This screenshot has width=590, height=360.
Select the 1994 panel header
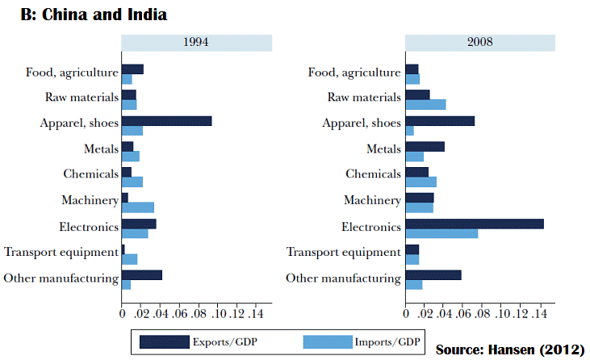196,42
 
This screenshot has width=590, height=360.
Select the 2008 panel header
479,42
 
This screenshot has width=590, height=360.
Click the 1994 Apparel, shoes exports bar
166,121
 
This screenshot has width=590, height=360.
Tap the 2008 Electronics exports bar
475,224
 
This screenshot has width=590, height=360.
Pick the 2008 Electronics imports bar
441,233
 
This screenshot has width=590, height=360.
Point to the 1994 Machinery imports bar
137,207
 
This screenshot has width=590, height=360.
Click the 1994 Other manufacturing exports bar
142,274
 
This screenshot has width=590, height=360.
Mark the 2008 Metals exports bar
425,146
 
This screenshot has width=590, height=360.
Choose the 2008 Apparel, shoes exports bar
440,121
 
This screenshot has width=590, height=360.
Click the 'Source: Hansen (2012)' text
509,350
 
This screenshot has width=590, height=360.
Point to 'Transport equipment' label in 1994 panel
61,252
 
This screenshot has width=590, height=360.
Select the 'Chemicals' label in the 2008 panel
373,174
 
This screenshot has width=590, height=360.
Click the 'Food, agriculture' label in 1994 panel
71,72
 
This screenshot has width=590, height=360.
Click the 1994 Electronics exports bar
139,224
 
